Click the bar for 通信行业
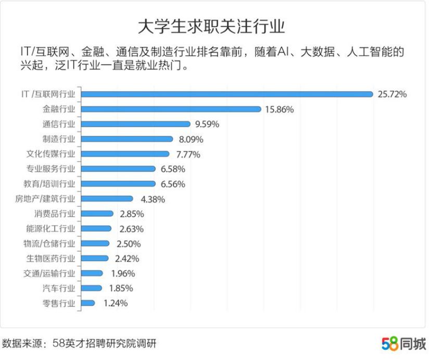click(x=136, y=124)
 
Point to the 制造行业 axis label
click(x=58, y=139)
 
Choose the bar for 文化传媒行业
click(x=125, y=154)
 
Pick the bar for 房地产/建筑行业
click(x=107, y=198)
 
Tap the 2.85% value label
click(x=131, y=214)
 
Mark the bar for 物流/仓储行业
click(x=95, y=243)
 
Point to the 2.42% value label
click(x=127, y=258)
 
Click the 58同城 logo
click(x=403, y=344)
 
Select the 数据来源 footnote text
click(x=79, y=344)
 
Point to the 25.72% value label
click(x=392, y=94)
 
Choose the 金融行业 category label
click(x=58, y=109)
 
